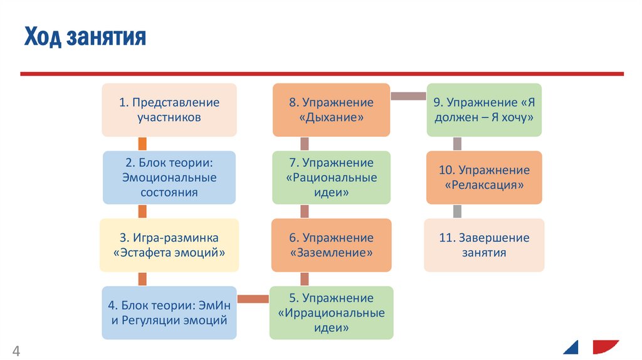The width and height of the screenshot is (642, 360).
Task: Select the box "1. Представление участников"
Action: tap(169, 110)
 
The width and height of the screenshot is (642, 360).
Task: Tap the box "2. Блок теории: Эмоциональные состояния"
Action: tap(169, 177)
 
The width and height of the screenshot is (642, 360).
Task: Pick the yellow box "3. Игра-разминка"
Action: tap(169, 245)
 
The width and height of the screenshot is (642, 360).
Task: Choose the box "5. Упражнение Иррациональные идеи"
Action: tap(331, 312)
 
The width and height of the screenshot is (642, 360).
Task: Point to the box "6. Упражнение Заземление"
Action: tap(331, 245)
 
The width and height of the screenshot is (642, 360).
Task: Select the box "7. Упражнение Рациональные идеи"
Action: tap(331, 177)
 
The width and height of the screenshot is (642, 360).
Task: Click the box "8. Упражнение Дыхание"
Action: tap(331, 110)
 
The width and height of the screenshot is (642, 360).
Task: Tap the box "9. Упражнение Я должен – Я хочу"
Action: tap(484, 110)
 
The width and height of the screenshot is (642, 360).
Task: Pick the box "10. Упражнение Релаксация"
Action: tap(484, 177)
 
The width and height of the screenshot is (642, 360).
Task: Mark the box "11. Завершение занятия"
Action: tap(484, 245)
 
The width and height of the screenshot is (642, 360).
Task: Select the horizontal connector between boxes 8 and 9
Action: tap(408, 96)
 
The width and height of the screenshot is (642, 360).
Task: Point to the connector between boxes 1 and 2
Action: tap(142, 144)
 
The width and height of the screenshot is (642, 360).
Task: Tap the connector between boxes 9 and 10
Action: tap(457, 144)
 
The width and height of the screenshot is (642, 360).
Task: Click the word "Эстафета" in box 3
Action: tap(147, 253)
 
